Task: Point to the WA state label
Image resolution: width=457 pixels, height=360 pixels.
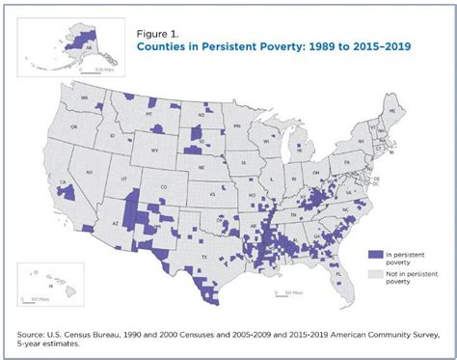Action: (x=86, y=98)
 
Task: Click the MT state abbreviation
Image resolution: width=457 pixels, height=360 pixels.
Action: (x=150, y=115)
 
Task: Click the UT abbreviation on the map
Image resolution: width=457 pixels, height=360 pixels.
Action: (x=122, y=180)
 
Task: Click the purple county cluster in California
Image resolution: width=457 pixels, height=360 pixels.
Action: (x=67, y=191)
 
